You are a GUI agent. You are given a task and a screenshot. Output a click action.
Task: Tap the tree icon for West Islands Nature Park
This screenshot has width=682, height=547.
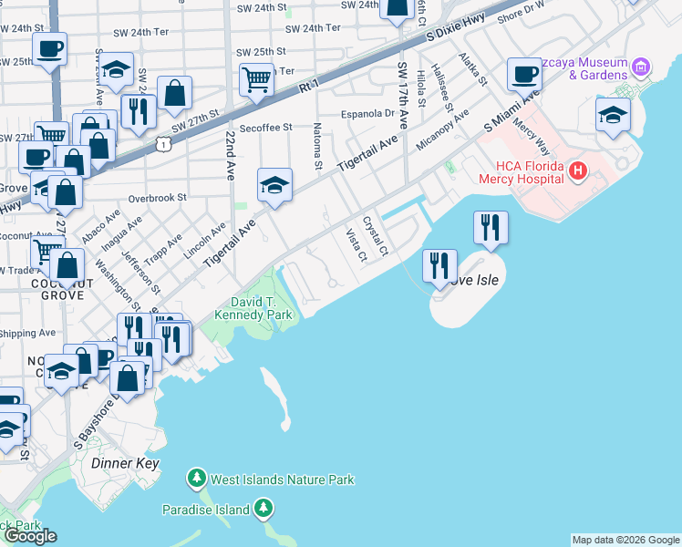[x=196, y=479]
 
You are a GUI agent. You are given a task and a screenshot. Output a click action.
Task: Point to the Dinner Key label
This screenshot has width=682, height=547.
[x=126, y=463]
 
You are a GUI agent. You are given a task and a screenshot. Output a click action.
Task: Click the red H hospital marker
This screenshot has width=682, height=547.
[x=576, y=170]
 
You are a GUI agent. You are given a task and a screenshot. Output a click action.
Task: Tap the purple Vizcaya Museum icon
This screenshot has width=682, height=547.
[x=641, y=67]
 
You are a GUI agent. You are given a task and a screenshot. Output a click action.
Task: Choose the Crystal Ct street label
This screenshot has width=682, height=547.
[x=376, y=235]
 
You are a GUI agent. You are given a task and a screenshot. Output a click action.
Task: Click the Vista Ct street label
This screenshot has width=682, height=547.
[x=356, y=245]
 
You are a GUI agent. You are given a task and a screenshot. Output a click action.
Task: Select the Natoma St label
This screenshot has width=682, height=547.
[x=318, y=147]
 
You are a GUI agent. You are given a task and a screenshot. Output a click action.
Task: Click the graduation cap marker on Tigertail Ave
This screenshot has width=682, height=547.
[x=274, y=184]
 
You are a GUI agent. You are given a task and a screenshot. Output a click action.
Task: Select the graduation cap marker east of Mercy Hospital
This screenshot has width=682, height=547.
[x=612, y=114]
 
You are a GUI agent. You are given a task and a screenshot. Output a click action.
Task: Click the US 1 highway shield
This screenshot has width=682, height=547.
[x=161, y=144]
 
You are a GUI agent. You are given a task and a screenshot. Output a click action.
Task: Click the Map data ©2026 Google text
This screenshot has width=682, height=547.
[x=625, y=540]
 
